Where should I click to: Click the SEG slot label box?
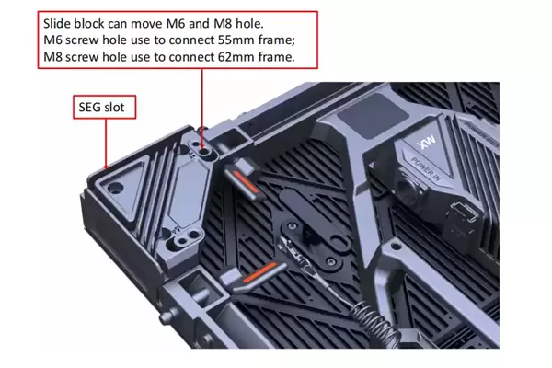[104, 107]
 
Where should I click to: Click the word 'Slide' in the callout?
[56, 24]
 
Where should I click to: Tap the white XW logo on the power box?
[426, 142]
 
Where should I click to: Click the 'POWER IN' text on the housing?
[426, 169]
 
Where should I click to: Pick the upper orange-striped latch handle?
[244, 179]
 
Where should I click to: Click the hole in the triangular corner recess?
[115, 188]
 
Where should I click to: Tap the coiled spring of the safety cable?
[374, 322]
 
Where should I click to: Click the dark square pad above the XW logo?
[374, 115]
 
